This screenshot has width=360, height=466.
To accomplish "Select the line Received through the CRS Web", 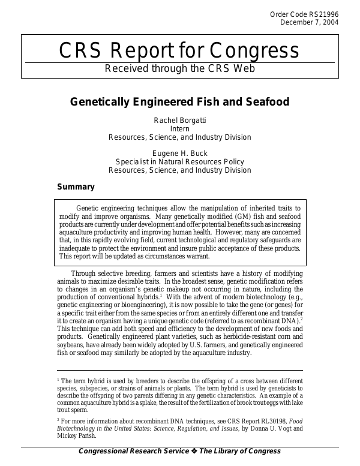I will (179, 68).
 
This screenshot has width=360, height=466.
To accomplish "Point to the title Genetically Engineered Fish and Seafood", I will (179, 102).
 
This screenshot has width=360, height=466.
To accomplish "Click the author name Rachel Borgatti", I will (179, 121).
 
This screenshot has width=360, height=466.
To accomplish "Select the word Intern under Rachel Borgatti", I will (179, 129).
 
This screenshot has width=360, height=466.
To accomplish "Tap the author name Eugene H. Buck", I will (179, 153).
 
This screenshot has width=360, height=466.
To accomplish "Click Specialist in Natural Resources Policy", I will (179, 161).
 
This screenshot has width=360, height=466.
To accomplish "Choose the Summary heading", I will (76, 187).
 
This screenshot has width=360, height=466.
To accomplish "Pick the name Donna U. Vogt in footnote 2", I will (265, 429).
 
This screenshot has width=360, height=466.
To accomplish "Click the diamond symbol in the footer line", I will (194, 452).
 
